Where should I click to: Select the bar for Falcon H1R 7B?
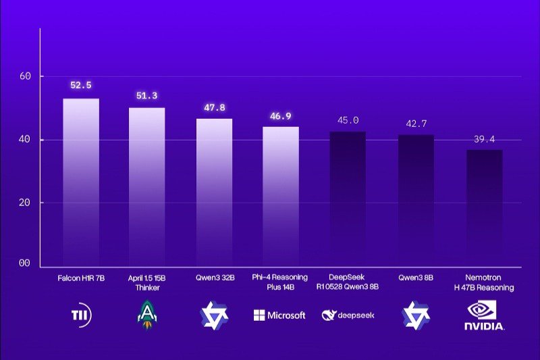(x=81, y=182)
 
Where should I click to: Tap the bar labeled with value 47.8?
(x=214, y=192)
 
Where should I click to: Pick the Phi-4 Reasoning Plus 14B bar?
(x=281, y=196)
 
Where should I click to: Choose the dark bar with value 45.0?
(x=348, y=199)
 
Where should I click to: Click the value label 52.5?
(x=80, y=85)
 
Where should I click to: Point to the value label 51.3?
(x=146, y=96)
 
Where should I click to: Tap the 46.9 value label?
(x=280, y=116)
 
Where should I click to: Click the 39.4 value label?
(x=483, y=139)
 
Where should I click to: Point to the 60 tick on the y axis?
(x=26, y=76)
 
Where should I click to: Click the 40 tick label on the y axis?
(x=26, y=140)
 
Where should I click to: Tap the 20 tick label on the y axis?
(x=26, y=203)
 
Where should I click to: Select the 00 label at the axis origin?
(x=26, y=263)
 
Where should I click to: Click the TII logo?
(x=81, y=315)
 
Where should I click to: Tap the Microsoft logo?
(x=279, y=315)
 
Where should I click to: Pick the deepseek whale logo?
(x=348, y=315)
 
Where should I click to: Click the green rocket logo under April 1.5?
(x=146, y=315)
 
